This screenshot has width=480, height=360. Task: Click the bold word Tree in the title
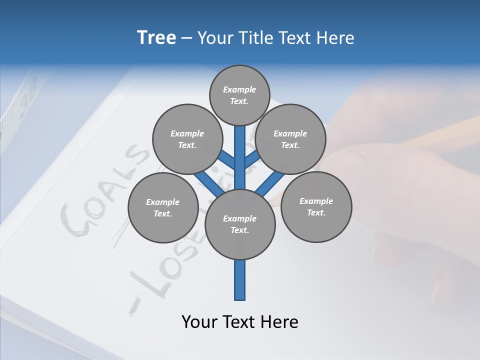click(x=156, y=38)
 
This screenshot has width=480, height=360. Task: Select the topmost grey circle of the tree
click(x=239, y=95)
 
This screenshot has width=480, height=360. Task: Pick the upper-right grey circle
click(x=290, y=139)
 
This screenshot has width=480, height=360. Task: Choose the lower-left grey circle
click(x=163, y=208)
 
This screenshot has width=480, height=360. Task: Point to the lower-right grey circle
click(x=316, y=206)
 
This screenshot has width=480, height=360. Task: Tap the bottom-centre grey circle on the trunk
click(x=240, y=224)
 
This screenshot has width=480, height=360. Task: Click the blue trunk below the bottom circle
click(x=240, y=280)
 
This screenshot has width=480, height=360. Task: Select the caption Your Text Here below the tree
click(x=240, y=322)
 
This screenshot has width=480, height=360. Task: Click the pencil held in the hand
click(x=440, y=132)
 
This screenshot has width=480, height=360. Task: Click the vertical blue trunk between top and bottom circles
click(x=240, y=155)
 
